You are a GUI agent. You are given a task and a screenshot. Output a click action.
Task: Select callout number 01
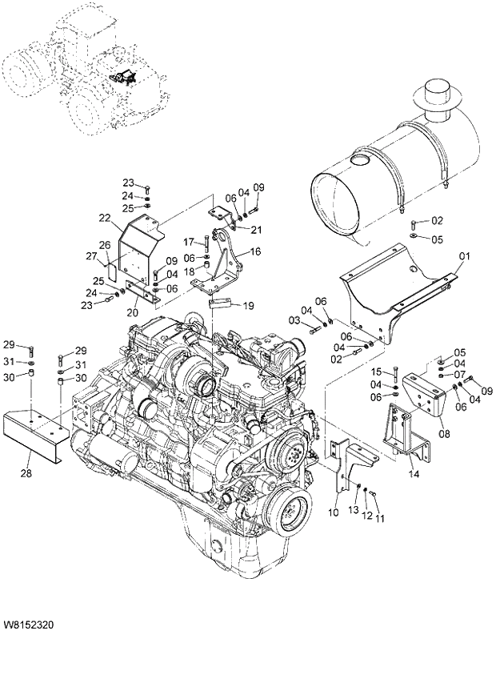pyautogui.click(x=465, y=257)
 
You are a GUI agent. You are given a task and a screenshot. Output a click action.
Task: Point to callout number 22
pyautogui.click(x=105, y=217)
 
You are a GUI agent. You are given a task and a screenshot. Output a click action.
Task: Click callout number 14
pyautogui.click(x=414, y=474)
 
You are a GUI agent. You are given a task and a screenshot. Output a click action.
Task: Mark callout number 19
pyautogui.click(x=249, y=305)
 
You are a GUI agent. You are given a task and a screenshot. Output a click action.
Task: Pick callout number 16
pyautogui.click(x=255, y=251)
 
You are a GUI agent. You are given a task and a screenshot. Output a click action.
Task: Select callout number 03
pyautogui.click(x=294, y=320)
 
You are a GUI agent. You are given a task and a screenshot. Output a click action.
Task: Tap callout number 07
pyautogui.click(x=460, y=374)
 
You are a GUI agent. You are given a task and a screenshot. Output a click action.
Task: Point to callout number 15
pyautogui.click(x=380, y=372)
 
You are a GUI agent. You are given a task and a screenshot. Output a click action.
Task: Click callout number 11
pyautogui.click(x=380, y=518)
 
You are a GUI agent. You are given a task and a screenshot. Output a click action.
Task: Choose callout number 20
pyautogui.click(x=133, y=311)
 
